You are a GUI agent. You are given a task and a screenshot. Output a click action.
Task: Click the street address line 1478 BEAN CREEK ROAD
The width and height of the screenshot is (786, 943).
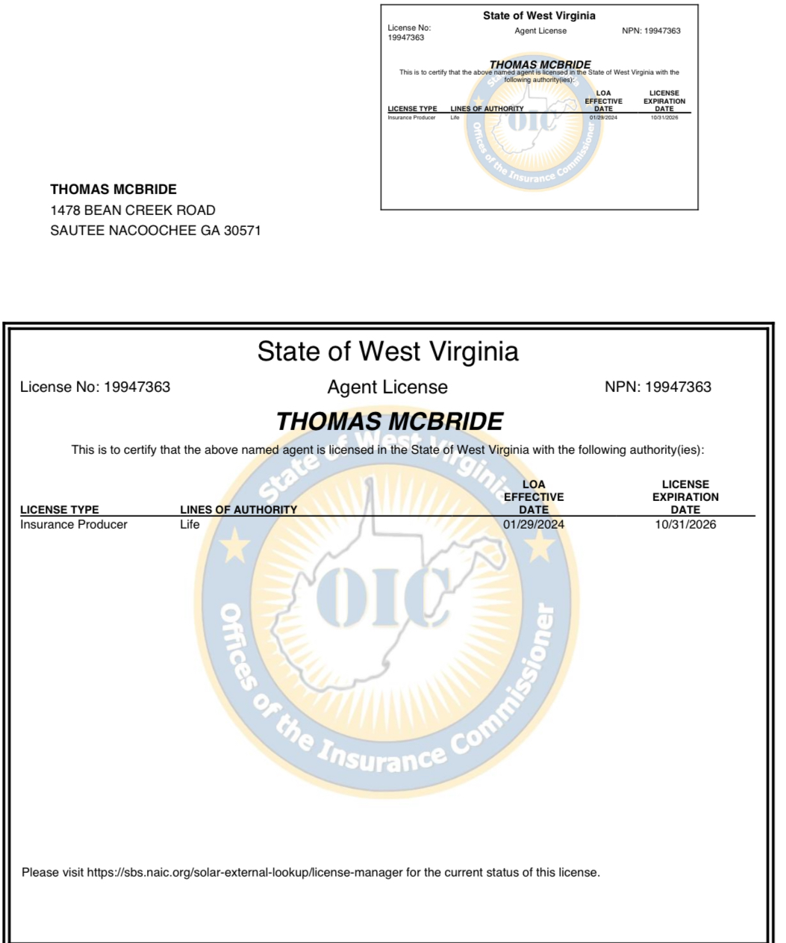(133, 211)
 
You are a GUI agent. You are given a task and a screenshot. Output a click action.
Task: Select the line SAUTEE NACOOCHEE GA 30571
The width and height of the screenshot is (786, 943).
(155, 231)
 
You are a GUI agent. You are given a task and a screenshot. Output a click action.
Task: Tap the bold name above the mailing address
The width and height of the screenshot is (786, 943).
(113, 190)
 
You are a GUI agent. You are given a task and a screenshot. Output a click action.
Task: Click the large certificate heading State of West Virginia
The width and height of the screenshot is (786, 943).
(387, 351)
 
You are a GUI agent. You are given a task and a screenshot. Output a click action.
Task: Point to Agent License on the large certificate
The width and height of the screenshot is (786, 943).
(387, 387)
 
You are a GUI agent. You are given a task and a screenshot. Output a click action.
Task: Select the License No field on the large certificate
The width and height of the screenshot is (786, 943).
(95, 387)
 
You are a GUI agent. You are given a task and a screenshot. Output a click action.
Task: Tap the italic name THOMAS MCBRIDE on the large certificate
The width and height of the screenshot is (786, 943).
(389, 422)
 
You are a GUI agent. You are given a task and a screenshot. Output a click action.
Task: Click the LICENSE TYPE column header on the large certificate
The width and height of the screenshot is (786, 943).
(59, 510)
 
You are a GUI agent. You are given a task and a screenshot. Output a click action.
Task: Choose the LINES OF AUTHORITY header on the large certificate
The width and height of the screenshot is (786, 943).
(238, 510)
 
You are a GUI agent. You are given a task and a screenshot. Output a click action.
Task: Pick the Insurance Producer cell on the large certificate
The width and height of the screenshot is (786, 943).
(73, 525)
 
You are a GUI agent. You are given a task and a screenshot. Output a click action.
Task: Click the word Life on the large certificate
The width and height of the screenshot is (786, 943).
(190, 525)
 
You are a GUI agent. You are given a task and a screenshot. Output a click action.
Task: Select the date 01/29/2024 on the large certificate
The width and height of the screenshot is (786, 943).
(533, 525)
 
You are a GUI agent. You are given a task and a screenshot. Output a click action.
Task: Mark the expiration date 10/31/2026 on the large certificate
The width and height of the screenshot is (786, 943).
(685, 525)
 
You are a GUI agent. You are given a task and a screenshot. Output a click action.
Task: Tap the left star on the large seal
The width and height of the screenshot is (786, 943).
(236, 546)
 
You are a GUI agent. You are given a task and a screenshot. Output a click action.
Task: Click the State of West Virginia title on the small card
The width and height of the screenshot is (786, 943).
(539, 16)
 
